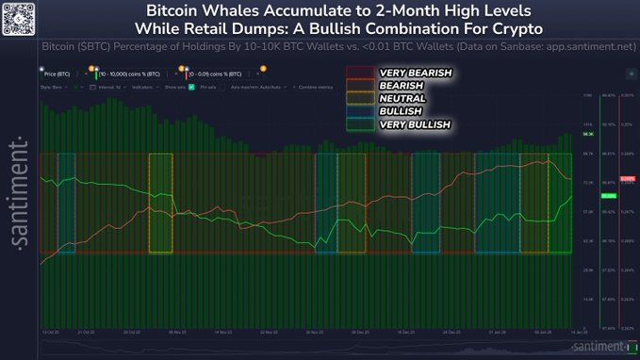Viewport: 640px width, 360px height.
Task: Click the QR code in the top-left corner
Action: (x=17, y=16)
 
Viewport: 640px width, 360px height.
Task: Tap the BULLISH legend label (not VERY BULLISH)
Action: (x=402, y=110)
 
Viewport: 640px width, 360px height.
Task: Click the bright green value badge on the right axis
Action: (x=607, y=195)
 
